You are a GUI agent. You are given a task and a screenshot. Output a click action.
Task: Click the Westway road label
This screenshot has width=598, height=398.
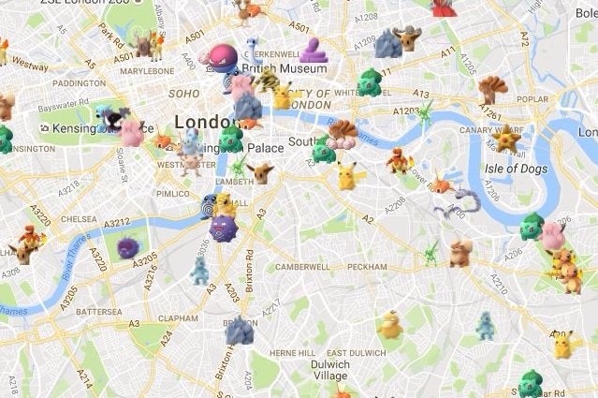click(30, 66)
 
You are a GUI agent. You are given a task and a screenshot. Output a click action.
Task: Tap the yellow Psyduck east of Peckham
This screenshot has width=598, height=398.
click(390, 324)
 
